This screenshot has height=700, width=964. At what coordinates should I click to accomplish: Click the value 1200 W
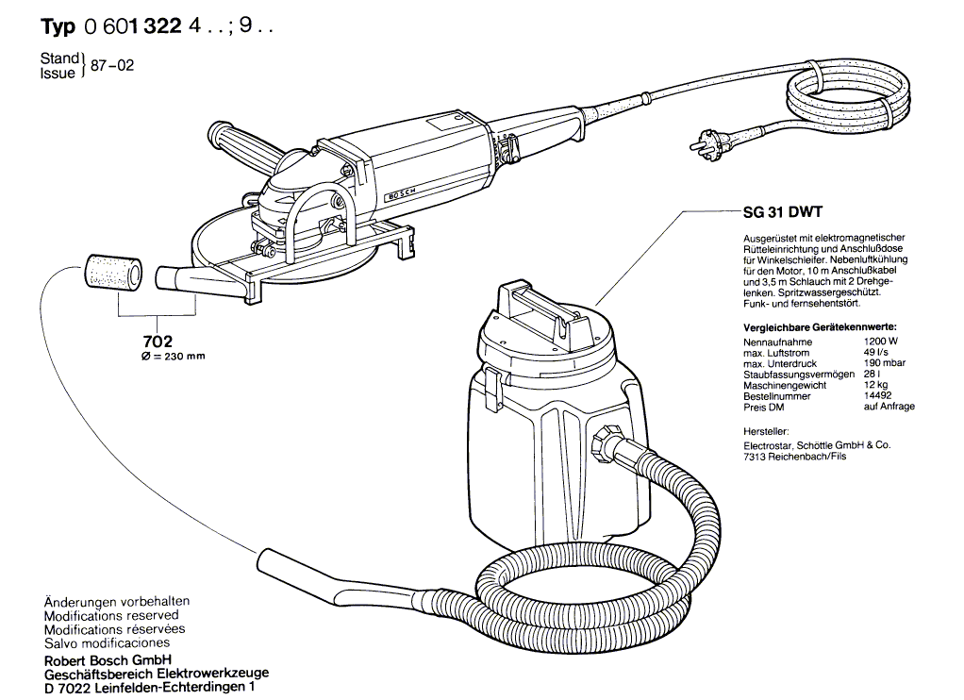(879, 342)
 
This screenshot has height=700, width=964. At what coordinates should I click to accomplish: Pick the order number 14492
(876, 396)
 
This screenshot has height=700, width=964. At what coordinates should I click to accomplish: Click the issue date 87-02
(111, 66)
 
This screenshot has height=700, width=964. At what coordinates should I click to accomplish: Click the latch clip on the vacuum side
(490, 387)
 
